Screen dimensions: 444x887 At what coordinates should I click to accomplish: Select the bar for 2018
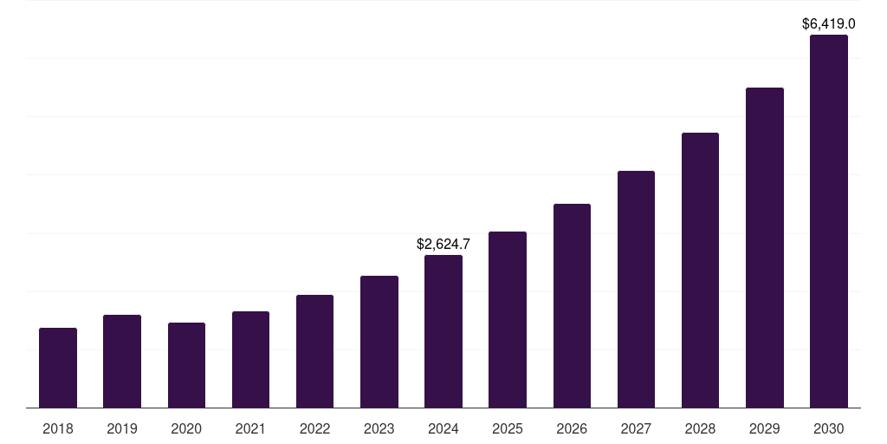(x=58, y=368)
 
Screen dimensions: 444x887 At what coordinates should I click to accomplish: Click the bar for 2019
(x=122, y=361)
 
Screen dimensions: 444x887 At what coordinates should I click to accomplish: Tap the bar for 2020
(x=186, y=365)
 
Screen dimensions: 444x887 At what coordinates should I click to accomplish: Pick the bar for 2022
(x=314, y=351)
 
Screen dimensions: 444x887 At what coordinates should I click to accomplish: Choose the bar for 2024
(x=443, y=331)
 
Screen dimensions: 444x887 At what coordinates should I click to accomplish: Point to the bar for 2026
(x=572, y=305)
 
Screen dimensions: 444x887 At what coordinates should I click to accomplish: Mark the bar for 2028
(x=700, y=270)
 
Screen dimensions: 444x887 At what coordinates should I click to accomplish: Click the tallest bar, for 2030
(x=829, y=221)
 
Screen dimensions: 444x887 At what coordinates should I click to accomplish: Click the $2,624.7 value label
(x=443, y=245)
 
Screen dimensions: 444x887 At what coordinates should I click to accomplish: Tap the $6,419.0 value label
(x=829, y=24)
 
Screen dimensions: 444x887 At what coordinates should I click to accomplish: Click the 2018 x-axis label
(x=58, y=428)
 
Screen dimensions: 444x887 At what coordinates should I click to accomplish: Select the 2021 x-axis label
(x=250, y=428)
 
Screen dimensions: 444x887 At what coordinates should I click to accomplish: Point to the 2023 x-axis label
(x=379, y=428)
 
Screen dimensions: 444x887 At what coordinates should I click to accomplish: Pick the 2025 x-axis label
(x=508, y=428)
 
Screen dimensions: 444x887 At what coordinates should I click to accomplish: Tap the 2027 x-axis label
(x=636, y=428)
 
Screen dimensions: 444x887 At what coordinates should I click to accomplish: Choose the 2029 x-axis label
(x=764, y=428)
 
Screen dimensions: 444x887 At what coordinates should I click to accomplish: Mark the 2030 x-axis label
(x=829, y=428)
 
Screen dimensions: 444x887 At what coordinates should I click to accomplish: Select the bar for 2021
(x=250, y=359)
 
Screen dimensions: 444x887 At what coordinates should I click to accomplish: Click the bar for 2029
(x=764, y=247)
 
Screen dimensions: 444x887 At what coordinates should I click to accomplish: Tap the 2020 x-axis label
(x=186, y=428)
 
